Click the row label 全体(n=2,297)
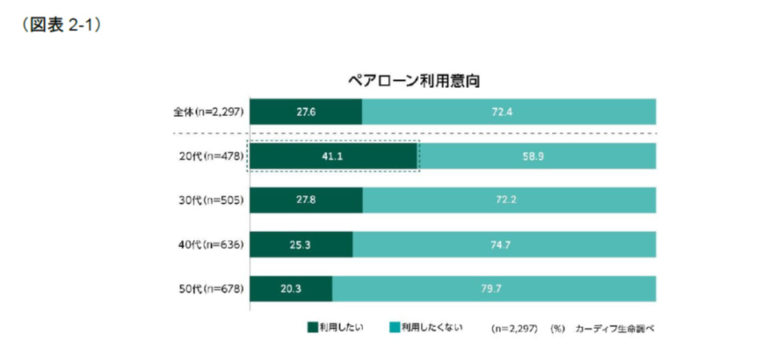(x=205, y=112)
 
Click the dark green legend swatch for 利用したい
(x=312, y=327)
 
